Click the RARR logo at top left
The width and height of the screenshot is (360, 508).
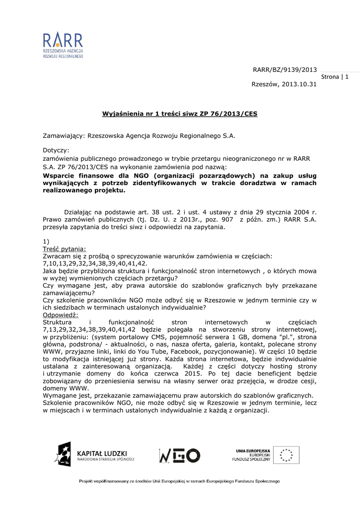(x=63, y=46)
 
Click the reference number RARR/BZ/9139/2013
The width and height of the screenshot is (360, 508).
(x=285, y=69)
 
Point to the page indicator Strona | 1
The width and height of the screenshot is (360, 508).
(x=335, y=77)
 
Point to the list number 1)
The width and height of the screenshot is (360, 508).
(x=46, y=241)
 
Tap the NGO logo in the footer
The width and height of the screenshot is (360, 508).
(x=179, y=455)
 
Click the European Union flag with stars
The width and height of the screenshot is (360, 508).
(x=288, y=455)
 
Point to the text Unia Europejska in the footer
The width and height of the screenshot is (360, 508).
(x=253, y=449)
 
